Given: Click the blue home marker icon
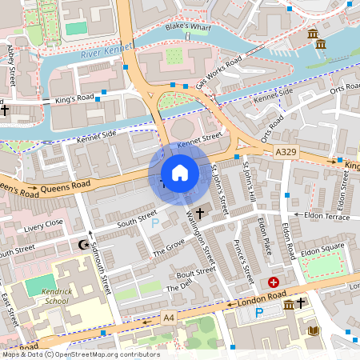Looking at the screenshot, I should point(180,173).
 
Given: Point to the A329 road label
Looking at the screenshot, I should point(286,151).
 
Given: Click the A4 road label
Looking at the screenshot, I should point(169,318).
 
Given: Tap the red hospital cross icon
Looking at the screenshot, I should point(274,282).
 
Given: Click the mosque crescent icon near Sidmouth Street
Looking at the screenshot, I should point(82,244).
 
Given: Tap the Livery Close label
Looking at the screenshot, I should point(43,224).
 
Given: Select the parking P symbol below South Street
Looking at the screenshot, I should point(155,222).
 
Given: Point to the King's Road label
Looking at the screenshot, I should point(74,99).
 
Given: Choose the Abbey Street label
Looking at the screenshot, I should point(11,65).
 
